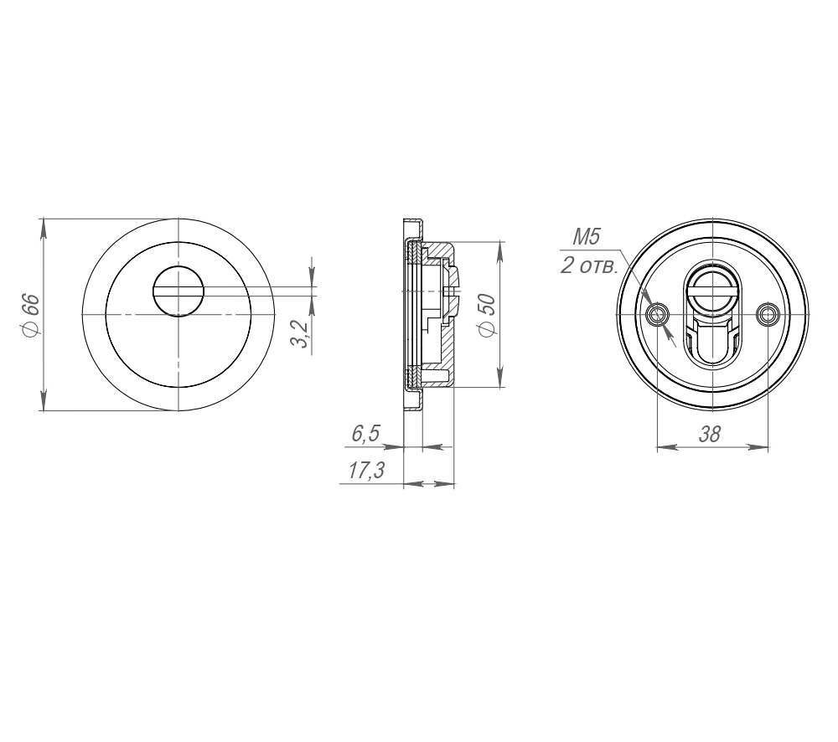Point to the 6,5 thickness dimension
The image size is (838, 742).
coord(365,434)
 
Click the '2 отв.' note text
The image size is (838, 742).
coord(589,267)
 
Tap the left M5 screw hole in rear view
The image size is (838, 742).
coord(659,315)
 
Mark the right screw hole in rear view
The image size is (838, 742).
coord(767,315)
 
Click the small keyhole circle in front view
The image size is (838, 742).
coord(178,291)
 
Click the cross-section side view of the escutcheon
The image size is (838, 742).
coord(429,316)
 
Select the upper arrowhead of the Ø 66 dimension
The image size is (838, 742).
coord(42,225)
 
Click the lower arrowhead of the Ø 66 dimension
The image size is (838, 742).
coord(42,405)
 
